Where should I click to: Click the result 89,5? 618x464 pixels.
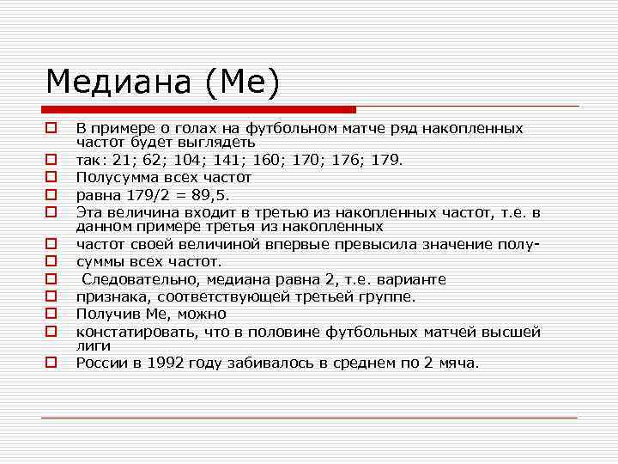point(206,194)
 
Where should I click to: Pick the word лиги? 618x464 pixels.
point(92,345)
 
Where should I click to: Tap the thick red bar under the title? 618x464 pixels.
point(198,109)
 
